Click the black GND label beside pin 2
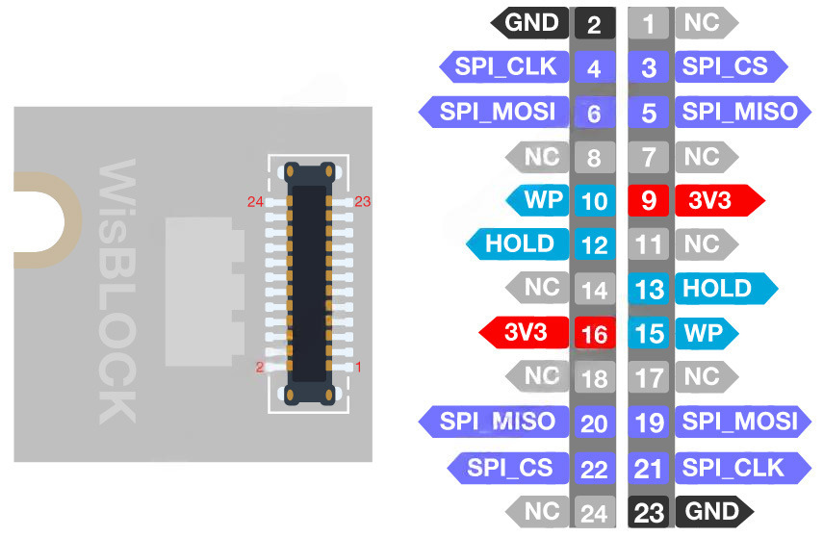click(529, 22)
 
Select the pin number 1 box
click(648, 24)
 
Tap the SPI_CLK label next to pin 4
click(503, 66)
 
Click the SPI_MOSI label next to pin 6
click(494, 112)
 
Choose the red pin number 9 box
click(648, 200)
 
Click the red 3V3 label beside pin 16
click(524, 332)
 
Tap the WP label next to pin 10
click(537, 200)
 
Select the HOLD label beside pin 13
click(727, 288)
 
